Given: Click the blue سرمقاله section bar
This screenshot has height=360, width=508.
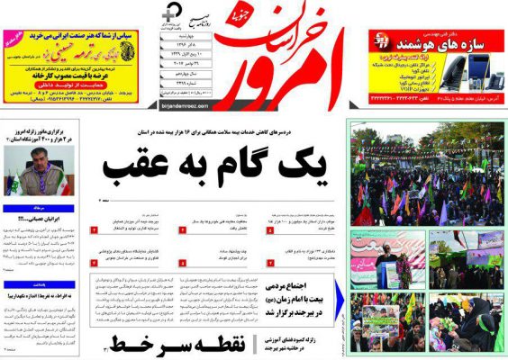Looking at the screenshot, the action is coord(44,208).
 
